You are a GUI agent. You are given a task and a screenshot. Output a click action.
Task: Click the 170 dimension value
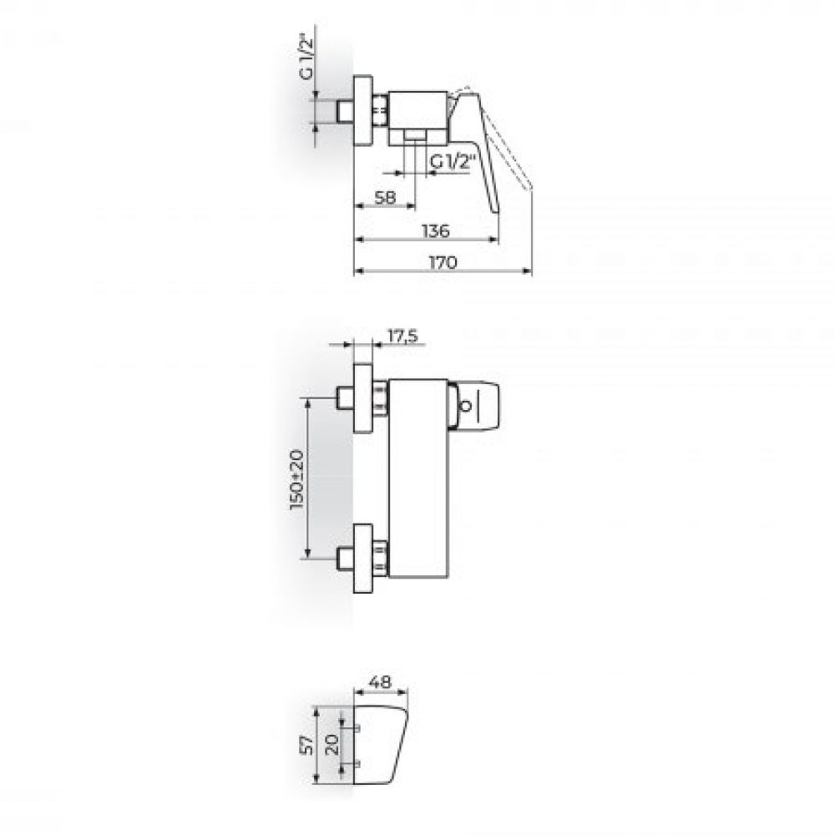point(443,262)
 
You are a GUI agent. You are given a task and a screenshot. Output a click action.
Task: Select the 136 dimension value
point(436,231)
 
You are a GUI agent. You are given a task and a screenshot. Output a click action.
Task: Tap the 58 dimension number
point(385,198)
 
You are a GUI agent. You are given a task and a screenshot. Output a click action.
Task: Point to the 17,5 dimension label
point(402,337)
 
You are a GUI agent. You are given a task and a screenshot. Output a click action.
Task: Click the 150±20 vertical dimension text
point(297,480)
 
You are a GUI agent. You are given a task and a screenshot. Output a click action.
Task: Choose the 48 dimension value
point(380,681)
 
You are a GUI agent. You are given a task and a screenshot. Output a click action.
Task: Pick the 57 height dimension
point(306,745)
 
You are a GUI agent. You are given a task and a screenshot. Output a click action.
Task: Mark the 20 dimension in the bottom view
point(331,744)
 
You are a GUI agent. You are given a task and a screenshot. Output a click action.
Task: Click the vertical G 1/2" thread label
point(306,57)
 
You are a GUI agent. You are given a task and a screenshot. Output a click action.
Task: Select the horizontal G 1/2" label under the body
point(452,161)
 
